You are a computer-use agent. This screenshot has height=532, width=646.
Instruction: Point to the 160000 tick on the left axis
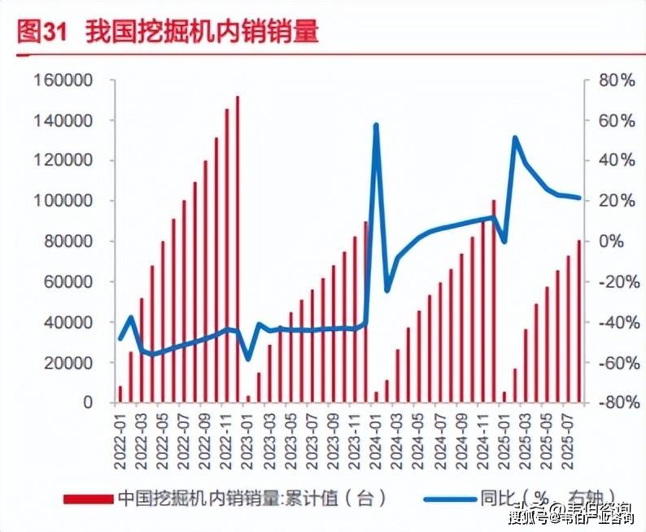tap(63, 81)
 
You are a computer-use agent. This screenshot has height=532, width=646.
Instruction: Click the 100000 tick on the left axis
tap(63, 201)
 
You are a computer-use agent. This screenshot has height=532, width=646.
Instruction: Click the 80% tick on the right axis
tap(615, 81)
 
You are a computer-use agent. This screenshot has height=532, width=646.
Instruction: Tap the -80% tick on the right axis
tap(613, 403)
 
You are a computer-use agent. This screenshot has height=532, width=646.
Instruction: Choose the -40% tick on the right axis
tap(613, 322)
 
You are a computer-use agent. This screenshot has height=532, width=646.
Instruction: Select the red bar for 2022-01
tap(120, 395)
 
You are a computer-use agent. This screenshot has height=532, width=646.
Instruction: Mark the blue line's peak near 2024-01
tap(376, 125)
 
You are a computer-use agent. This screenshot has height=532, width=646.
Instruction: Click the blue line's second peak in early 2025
tap(516, 138)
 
